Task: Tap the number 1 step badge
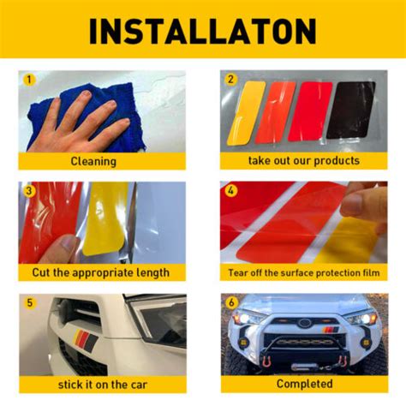click(x=29, y=80)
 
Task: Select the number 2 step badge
click(x=230, y=80)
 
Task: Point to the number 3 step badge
click(x=29, y=189)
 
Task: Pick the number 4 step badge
click(x=230, y=189)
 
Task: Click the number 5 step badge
click(x=29, y=303)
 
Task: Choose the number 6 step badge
click(x=230, y=303)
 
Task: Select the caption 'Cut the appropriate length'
click(x=102, y=272)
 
